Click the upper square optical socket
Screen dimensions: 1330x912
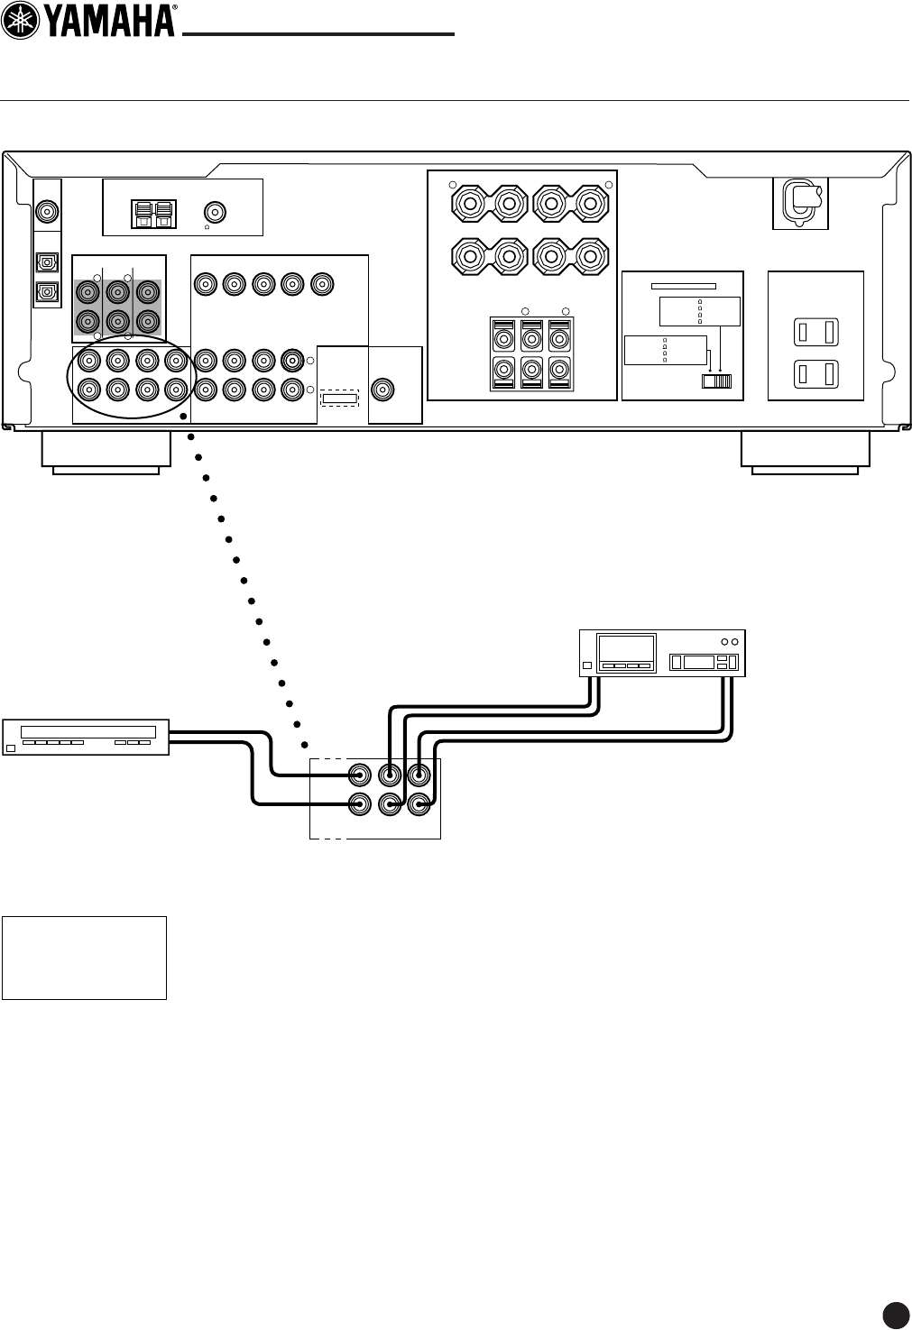coord(45,261)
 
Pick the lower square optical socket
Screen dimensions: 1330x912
coord(45,292)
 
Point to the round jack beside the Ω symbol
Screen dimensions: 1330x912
coord(216,212)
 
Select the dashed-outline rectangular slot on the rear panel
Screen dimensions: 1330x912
coord(340,399)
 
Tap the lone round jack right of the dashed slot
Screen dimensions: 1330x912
coord(383,390)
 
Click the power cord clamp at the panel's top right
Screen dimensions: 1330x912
coord(800,197)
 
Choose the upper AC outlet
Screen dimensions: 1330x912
coord(815,333)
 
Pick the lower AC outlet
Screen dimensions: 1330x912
coord(815,371)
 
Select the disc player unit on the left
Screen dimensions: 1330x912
coord(86,737)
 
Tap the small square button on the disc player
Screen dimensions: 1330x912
coord(11,748)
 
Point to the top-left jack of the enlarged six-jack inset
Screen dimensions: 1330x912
coord(360,775)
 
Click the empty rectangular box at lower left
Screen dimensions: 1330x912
coord(84,958)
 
